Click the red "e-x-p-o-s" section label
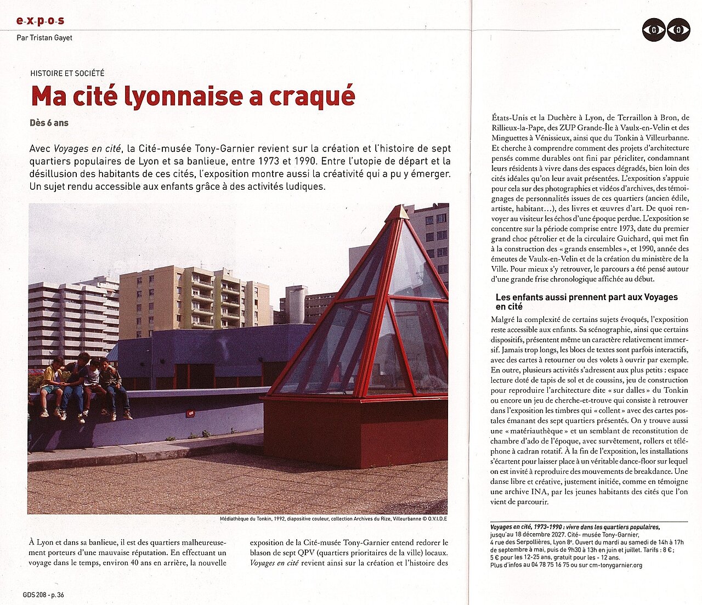[40, 21]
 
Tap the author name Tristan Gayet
[44, 38]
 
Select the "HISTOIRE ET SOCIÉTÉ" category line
[67, 73]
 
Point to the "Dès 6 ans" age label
[49, 123]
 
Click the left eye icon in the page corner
[654, 30]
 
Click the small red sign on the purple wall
[190, 414]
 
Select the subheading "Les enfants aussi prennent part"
[586, 297]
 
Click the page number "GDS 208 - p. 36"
[43, 595]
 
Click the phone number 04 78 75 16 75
[546, 565]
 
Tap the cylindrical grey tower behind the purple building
[296, 304]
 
